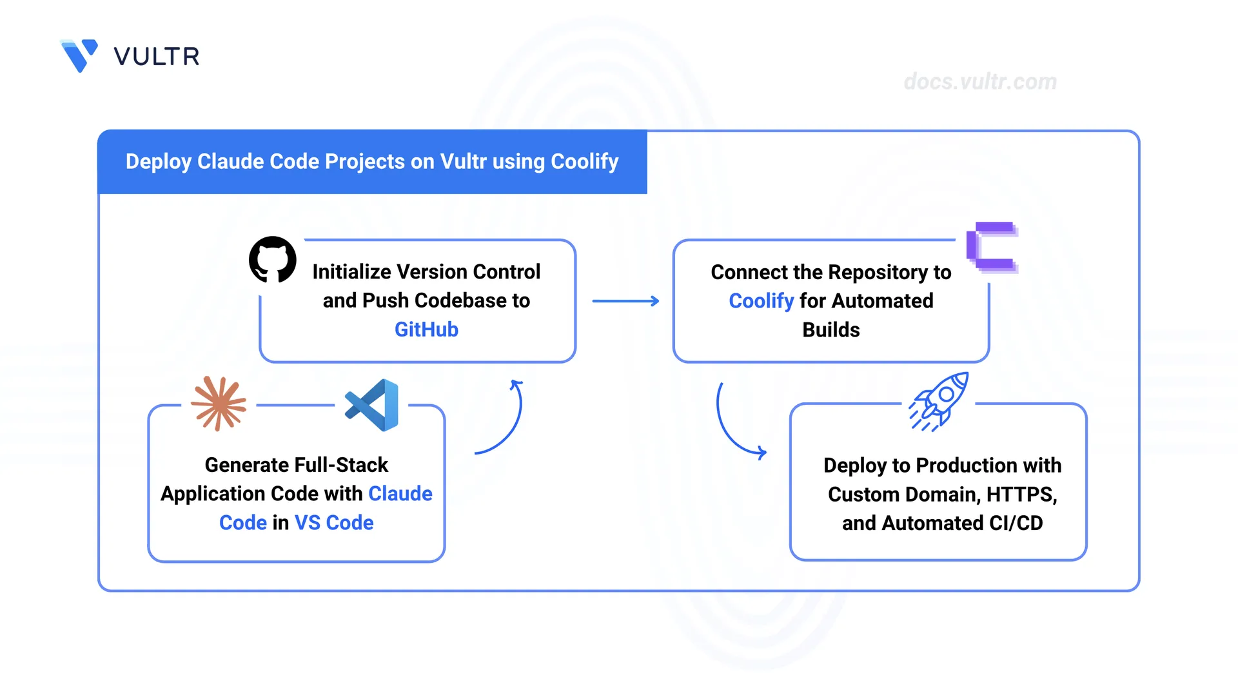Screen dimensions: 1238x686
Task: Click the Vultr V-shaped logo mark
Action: click(79, 55)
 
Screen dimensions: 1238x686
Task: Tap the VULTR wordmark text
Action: click(157, 57)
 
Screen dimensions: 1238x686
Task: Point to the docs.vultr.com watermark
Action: click(980, 82)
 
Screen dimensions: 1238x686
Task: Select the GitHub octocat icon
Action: click(273, 259)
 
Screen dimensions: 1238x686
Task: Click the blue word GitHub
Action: click(426, 329)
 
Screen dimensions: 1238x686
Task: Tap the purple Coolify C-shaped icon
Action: click(992, 247)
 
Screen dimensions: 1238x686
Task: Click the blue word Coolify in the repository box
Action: click(761, 301)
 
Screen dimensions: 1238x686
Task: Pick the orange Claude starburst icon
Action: click(219, 404)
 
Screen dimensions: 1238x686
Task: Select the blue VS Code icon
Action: click(372, 405)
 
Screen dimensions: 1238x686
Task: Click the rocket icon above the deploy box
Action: click(939, 402)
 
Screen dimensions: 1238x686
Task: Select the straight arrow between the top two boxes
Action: click(625, 301)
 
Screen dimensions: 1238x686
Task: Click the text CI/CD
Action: click(1016, 523)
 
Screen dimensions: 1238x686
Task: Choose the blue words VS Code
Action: click(334, 522)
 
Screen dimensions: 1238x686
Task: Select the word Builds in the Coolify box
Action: click(831, 330)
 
